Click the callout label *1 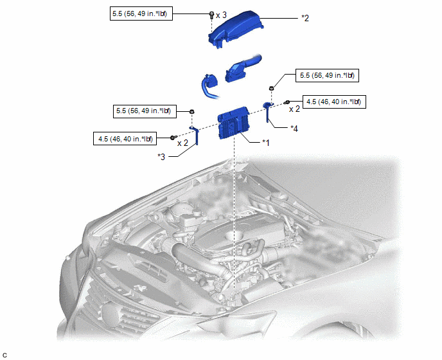click(266, 143)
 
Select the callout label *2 click(305, 18)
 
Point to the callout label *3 click(161, 157)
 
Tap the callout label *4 click(294, 129)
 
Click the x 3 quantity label click(221, 15)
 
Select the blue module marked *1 click(233, 122)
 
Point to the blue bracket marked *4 click(268, 111)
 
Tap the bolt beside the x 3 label click(212, 15)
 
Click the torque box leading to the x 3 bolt click(141, 14)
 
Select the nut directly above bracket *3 click(192, 111)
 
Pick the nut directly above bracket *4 click(272, 88)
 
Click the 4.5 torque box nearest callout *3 click(125, 139)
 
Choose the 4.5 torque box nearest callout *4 click(334, 102)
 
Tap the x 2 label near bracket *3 click(182, 143)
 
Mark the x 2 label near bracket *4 click(294, 109)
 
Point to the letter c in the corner click(4, 355)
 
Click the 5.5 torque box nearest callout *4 click(327, 75)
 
